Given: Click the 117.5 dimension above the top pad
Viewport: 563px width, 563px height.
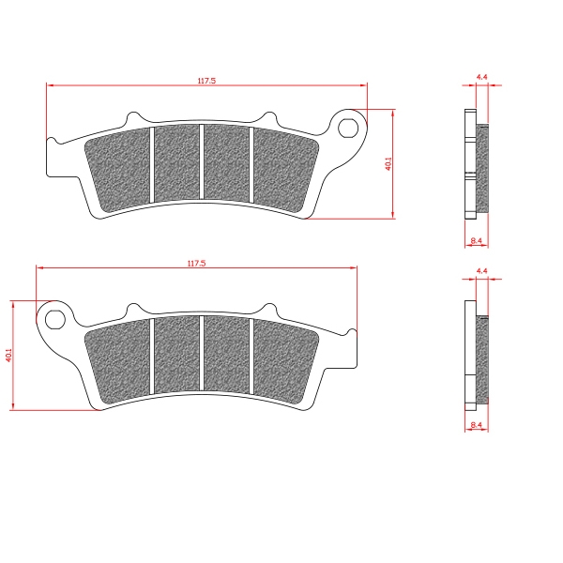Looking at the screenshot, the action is click(x=206, y=81).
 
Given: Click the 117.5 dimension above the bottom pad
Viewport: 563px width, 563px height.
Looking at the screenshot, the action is click(x=196, y=263).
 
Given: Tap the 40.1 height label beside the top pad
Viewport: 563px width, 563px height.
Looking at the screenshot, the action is click(x=388, y=163).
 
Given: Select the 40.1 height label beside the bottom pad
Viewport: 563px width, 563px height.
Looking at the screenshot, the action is click(x=8, y=355).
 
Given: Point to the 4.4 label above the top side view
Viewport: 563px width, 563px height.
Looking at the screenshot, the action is click(x=482, y=77).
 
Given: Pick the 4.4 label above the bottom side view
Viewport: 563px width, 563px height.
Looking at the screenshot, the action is click(x=482, y=271).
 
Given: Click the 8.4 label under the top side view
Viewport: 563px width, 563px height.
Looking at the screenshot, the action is click(x=476, y=241).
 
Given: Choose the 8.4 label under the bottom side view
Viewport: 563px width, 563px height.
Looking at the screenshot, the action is click(x=476, y=425).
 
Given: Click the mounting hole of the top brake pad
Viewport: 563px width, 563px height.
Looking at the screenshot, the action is click(x=348, y=128).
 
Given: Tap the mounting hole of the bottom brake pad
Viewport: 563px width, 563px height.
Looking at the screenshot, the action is click(x=55, y=319).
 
